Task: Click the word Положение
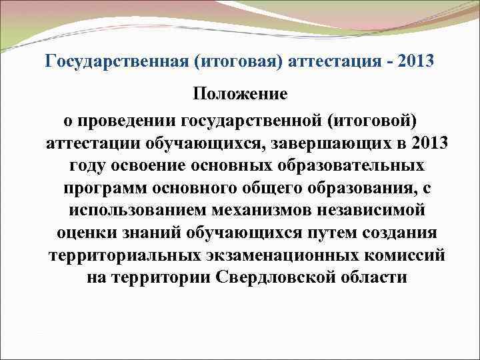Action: click(240, 94)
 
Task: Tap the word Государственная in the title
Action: click(107, 62)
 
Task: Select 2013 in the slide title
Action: click(415, 62)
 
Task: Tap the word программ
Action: click(104, 187)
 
